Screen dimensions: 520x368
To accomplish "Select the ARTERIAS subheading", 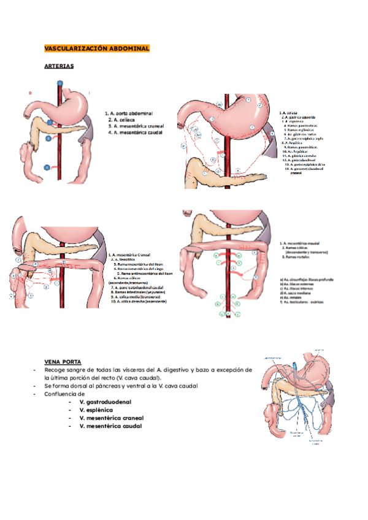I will point(59,66).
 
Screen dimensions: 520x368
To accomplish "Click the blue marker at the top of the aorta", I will point(59,82).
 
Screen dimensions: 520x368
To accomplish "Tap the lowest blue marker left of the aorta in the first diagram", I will point(47,167).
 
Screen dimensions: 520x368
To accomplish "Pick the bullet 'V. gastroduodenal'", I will point(105,402).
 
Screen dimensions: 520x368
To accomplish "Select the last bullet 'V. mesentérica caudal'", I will point(110,426).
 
